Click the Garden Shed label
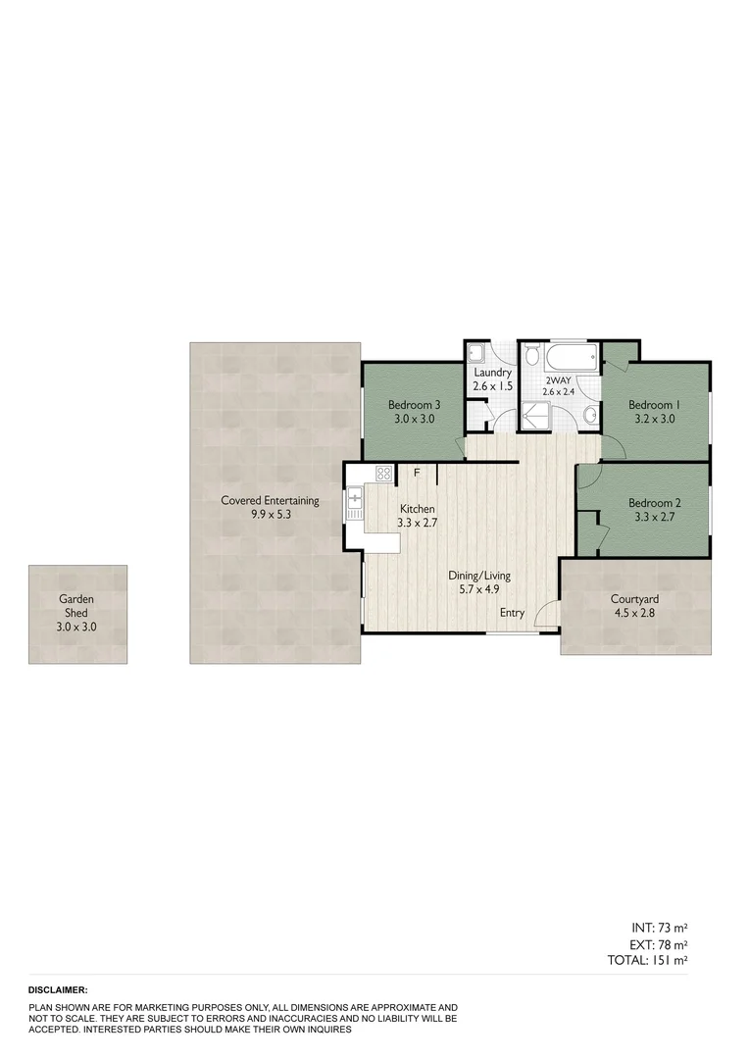click(x=77, y=605)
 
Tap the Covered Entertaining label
click(x=270, y=500)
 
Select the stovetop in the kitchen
click(x=383, y=474)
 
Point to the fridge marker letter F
click(x=418, y=473)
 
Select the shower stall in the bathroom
click(x=536, y=416)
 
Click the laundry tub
click(x=477, y=354)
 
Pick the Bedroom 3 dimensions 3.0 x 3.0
click(x=413, y=419)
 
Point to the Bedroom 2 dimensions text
click(x=654, y=517)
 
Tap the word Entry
click(x=512, y=613)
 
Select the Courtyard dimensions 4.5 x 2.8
click(x=633, y=613)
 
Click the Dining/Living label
click(x=479, y=576)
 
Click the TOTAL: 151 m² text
click(x=648, y=960)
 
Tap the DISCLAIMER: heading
click(x=58, y=990)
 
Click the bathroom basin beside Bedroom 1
click(x=589, y=416)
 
